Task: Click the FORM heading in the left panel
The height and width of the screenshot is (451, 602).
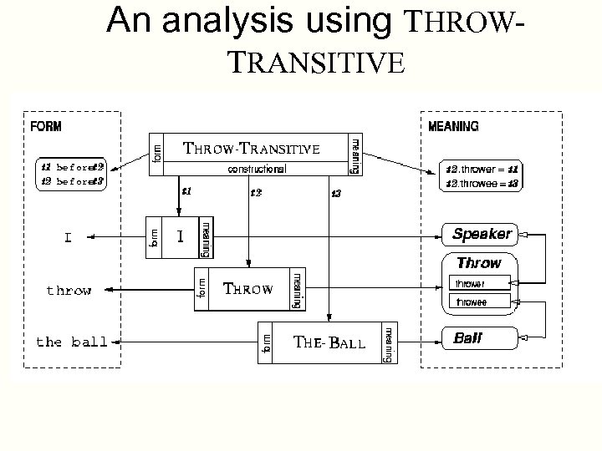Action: coord(46,128)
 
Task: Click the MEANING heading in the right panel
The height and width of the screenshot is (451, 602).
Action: coord(453,128)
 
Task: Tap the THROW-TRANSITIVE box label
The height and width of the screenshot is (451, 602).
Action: coord(252,149)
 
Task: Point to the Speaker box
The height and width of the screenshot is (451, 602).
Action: coord(482,233)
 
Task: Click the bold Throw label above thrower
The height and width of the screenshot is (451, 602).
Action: coord(478,263)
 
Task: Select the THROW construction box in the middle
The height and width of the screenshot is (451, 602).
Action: coord(248,290)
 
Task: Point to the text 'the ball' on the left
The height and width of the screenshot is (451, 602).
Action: coord(72,342)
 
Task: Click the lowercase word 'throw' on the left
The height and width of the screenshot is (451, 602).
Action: coord(69,291)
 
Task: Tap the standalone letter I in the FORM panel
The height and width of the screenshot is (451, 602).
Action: coord(68,238)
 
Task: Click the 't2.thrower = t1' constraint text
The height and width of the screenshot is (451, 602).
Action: coord(483,167)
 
